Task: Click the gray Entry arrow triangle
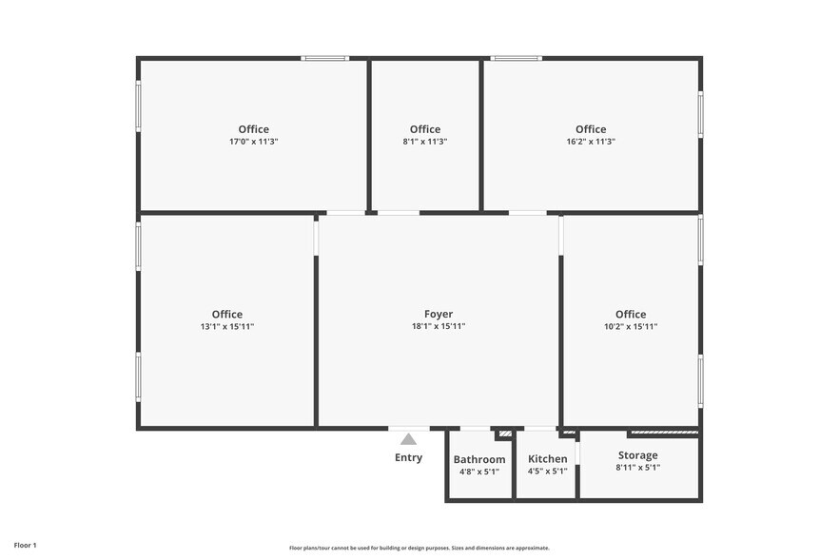409,439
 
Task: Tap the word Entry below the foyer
409,457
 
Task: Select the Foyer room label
439,314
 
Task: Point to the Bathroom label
479,459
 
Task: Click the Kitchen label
548,459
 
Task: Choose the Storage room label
637,455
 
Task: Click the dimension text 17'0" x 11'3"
254,142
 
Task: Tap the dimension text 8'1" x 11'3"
425,142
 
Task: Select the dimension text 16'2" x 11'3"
591,142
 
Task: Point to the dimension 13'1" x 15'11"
227,326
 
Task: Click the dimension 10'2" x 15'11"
631,326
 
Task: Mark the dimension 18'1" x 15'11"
439,326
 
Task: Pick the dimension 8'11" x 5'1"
637,468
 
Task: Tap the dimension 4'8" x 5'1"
479,472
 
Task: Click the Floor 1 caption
25,545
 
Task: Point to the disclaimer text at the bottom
419,548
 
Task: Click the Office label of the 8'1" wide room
425,129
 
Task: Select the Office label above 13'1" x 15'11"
227,314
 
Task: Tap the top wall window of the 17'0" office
324,59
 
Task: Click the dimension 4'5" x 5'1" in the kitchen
548,472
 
